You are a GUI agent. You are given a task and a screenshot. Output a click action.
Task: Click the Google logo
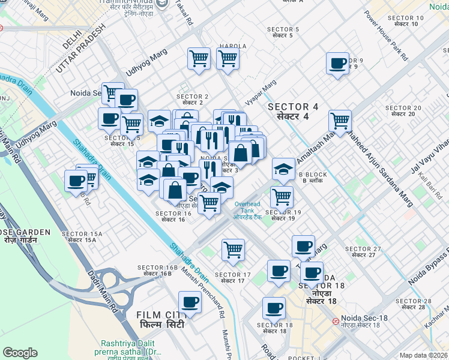pos(20,353)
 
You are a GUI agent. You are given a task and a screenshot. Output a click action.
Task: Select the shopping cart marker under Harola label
pos(228,59)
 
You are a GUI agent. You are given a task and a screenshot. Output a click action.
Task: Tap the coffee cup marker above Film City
pos(190,303)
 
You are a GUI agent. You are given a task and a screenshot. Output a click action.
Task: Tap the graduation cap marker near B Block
pos(283,169)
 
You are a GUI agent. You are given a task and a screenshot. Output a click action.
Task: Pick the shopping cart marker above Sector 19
pos(281,197)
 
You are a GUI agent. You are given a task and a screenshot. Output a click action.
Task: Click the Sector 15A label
pos(82,236)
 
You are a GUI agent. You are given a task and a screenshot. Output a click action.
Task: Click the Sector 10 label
pos(409,21)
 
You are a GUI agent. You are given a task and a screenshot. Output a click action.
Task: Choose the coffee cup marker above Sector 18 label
pos(274,308)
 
